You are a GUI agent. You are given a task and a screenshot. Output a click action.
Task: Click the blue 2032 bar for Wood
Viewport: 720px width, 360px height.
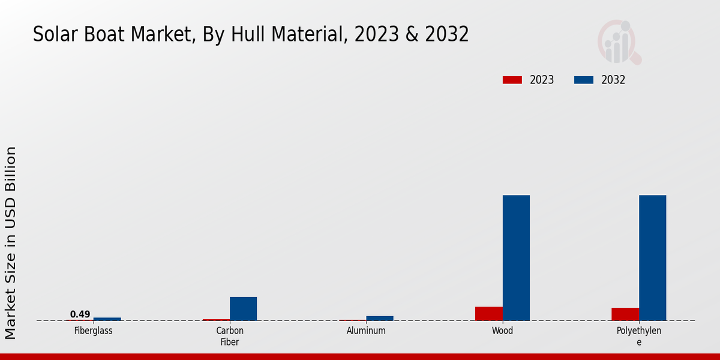click(516, 257)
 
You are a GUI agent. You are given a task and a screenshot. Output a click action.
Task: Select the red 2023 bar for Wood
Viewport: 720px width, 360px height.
click(488, 313)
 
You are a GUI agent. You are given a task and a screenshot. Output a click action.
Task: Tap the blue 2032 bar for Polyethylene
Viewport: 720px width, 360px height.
click(652, 257)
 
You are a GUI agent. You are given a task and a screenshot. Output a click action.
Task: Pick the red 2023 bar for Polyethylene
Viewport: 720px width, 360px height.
click(625, 314)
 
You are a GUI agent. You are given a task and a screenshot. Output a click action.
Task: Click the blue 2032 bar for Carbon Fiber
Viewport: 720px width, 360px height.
click(243, 308)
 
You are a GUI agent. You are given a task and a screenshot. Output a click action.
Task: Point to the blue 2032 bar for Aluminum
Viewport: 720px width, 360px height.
click(380, 318)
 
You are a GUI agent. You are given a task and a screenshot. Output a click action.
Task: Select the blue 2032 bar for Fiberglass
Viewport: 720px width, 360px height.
click(107, 319)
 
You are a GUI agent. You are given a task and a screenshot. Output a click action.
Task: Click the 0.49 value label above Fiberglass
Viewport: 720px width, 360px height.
click(80, 314)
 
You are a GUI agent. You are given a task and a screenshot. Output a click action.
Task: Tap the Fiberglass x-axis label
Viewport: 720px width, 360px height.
click(93, 331)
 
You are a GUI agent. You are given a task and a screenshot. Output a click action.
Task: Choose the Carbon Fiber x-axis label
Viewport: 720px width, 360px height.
click(230, 336)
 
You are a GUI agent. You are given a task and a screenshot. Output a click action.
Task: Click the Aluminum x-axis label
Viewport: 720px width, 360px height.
click(366, 331)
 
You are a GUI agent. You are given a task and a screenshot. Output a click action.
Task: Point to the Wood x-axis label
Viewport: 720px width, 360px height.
click(502, 331)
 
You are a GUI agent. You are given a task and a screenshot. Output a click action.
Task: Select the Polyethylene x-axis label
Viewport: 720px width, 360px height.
click(638, 336)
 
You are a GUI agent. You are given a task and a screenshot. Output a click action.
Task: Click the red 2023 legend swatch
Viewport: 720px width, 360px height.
click(512, 80)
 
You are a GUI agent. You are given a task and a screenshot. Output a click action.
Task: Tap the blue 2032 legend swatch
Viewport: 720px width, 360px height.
click(584, 80)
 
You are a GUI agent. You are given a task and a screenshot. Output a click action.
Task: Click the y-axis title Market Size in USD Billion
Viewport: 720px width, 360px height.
click(11, 243)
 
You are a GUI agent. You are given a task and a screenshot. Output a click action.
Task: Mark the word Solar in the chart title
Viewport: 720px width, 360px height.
click(55, 35)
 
